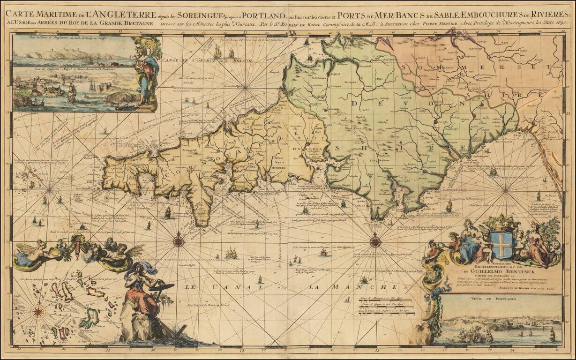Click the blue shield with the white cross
click(x=501, y=245)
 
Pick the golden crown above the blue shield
click(x=501, y=223)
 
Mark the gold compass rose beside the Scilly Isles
click(x=38, y=311)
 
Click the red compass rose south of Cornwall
click(x=179, y=242)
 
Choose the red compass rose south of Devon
click(x=375, y=242)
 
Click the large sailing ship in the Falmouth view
click(x=72, y=92)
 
